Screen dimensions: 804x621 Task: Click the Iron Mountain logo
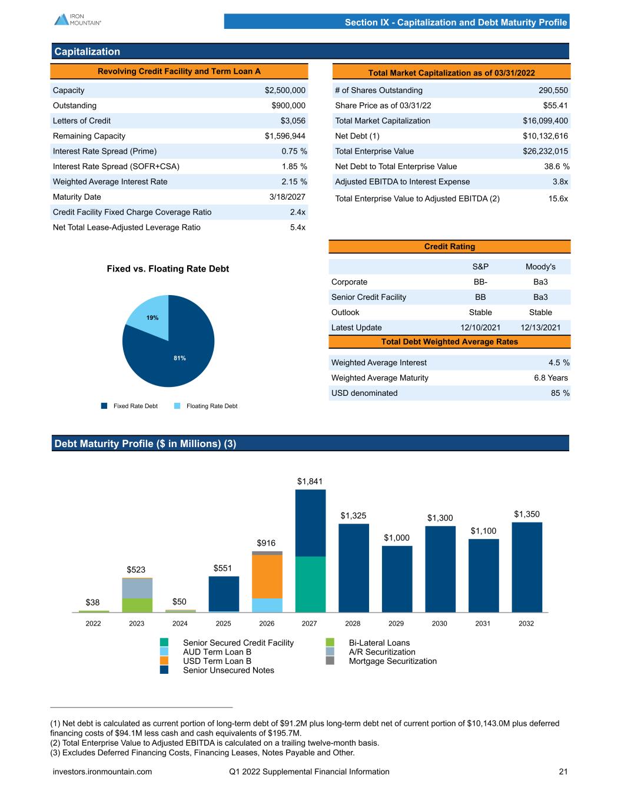coord(77,19)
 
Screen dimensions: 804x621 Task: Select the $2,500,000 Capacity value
coord(285,90)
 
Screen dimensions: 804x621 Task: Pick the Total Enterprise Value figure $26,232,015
coord(545,151)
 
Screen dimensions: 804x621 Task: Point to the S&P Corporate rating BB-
coord(480,282)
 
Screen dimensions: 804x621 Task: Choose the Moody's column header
coord(540,267)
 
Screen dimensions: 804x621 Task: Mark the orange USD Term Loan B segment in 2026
coord(267,576)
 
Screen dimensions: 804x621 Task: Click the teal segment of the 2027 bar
coord(310,584)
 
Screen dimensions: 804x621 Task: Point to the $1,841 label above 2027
coord(310,481)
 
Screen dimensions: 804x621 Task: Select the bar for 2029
coord(397,578)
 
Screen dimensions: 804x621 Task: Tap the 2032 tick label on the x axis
coord(526,623)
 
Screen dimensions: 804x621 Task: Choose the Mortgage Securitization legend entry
coord(393,661)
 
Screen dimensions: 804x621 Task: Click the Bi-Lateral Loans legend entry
coord(379,643)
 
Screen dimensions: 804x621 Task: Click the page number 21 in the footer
coord(563,772)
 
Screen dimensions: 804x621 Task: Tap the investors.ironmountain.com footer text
coord(102,772)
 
